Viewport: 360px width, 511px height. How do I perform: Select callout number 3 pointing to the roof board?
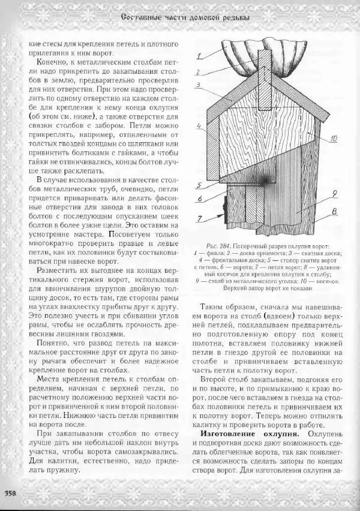198,85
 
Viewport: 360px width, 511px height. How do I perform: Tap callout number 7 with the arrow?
198,220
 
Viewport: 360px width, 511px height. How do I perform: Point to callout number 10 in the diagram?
333,139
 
